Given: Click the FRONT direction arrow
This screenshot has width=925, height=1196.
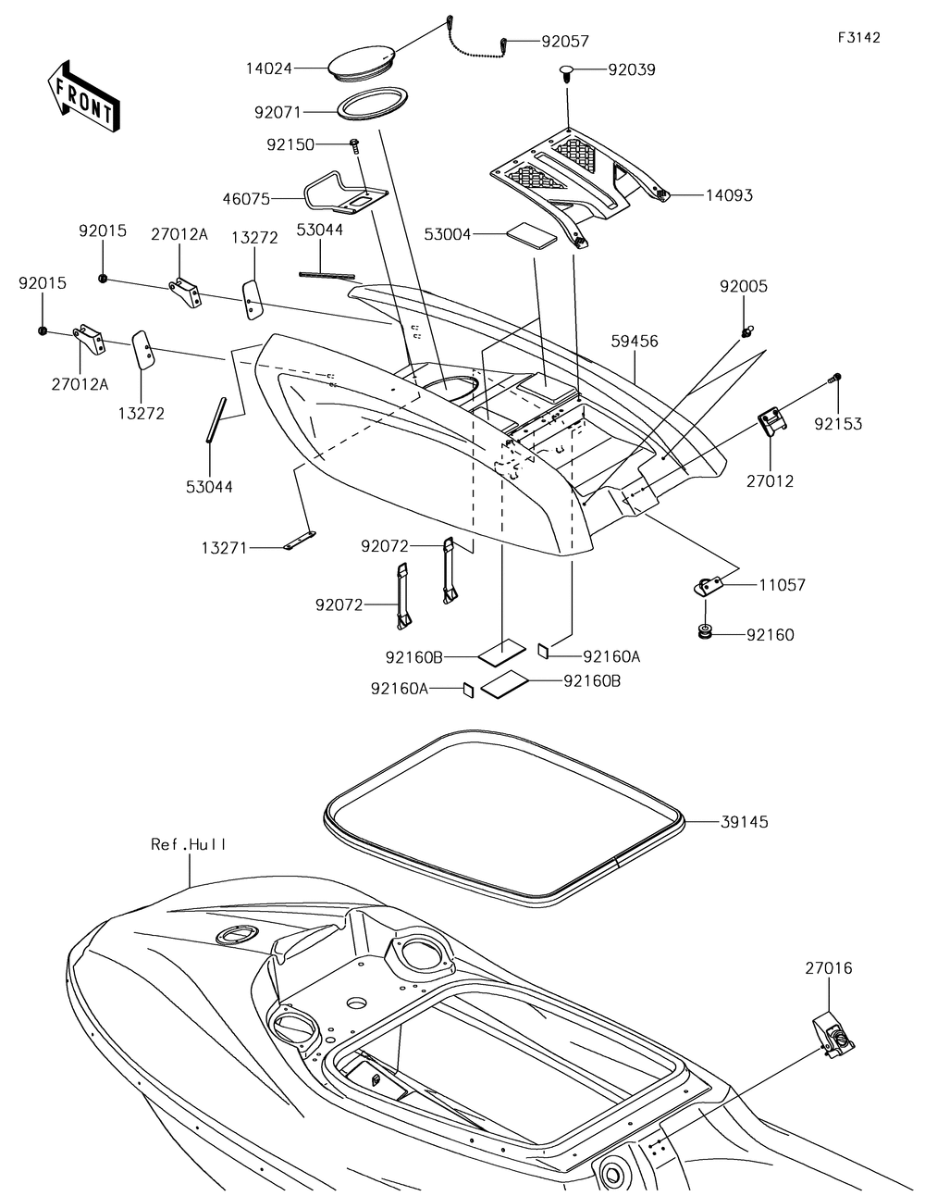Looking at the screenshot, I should click(81, 96).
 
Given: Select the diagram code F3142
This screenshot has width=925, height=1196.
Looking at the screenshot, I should click(858, 38).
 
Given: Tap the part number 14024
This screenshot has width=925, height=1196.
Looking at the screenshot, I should click(270, 68).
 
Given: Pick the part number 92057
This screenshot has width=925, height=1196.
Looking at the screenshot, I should click(565, 42).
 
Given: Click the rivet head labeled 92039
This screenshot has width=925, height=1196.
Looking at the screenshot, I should click(569, 71).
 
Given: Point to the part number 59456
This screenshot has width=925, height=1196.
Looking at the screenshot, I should click(634, 342).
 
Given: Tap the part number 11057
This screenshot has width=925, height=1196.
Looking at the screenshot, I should click(782, 585).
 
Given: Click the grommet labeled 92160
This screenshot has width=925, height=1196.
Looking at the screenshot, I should click(706, 632).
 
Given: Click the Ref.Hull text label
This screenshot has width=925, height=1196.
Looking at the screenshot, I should click(189, 844).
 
